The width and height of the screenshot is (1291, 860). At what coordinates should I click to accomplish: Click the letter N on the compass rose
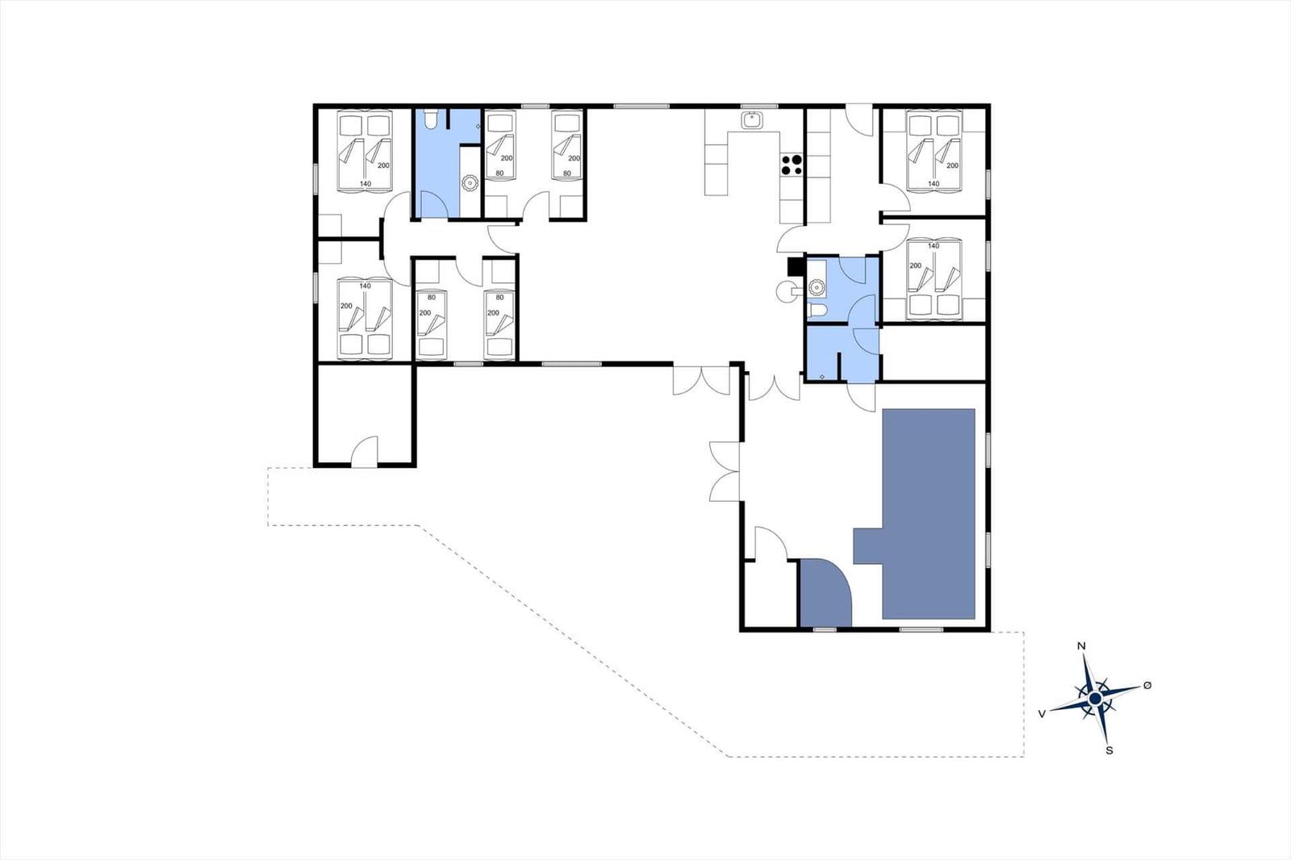click(1082, 645)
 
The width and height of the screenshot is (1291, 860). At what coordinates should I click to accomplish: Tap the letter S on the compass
click(1109, 750)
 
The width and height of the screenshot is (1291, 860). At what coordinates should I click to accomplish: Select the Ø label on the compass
click(1147, 685)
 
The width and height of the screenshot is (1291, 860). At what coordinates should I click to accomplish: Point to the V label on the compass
click(1042, 714)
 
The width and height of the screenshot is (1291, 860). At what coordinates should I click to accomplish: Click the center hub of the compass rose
click(1095, 699)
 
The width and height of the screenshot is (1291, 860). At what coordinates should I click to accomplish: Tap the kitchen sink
click(751, 120)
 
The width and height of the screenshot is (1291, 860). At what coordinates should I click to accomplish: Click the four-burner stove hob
click(792, 165)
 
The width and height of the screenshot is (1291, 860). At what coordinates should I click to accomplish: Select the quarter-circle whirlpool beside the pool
click(823, 591)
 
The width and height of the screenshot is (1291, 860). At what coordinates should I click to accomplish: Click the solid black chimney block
click(796, 265)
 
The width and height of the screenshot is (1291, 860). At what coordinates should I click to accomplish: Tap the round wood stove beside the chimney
click(786, 291)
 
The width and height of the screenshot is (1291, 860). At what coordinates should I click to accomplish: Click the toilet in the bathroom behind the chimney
click(817, 311)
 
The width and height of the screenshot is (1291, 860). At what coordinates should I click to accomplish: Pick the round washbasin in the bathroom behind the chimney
click(816, 286)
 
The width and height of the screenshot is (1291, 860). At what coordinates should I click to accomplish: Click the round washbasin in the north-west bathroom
click(470, 183)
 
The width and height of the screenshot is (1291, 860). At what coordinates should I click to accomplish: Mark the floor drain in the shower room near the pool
click(822, 377)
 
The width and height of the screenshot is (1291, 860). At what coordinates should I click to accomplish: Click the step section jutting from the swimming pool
click(868, 545)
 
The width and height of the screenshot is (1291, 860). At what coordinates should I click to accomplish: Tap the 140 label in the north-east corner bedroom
click(934, 184)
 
